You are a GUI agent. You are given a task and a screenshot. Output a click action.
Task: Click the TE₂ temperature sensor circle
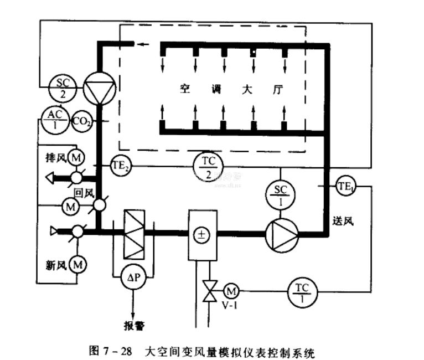(120, 166)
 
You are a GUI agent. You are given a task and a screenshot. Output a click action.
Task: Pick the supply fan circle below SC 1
(281, 234)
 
